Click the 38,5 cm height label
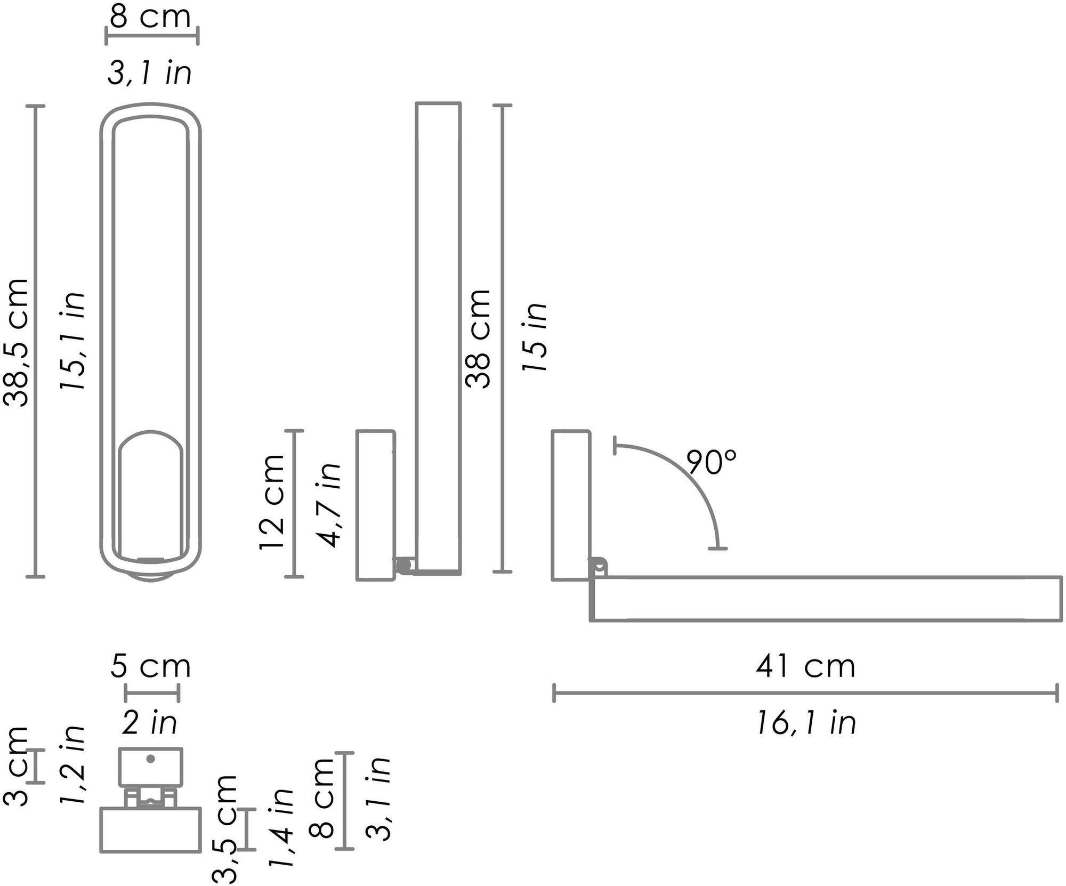pos(16,342)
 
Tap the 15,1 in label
pos(72,341)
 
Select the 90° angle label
pos(711,462)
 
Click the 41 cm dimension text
pos(805,666)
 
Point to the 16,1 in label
pos(806,723)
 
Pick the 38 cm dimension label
pos(478,339)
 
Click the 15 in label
pos(534,337)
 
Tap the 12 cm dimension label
pos(272,502)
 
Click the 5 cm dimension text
pos(150,666)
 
